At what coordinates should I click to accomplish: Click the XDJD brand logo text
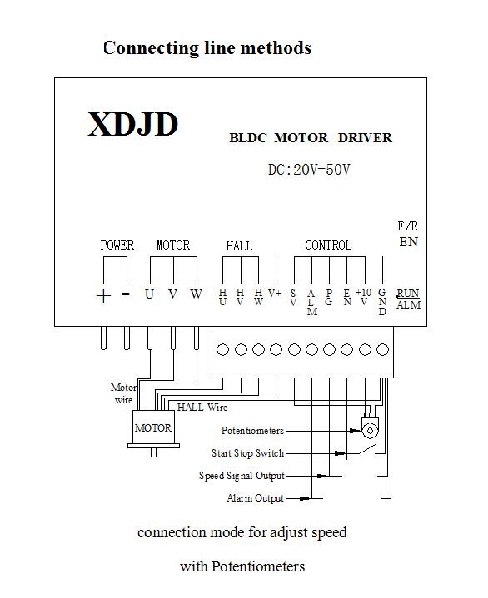[x=133, y=124]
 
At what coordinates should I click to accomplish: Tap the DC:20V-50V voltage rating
[x=309, y=170]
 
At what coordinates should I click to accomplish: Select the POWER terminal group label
[x=117, y=245]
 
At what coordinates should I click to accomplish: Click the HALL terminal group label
[x=239, y=246]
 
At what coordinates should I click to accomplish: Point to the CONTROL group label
[x=328, y=245]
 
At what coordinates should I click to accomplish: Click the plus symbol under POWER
[x=103, y=295]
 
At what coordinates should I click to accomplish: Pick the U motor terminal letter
[x=149, y=294]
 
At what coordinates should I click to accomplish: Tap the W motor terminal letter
[x=197, y=294]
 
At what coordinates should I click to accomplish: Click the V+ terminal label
[x=275, y=293]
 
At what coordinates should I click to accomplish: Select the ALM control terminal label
[x=312, y=302]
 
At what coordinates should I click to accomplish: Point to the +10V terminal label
[x=364, y=297]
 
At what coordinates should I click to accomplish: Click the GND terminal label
[x=382, y=302]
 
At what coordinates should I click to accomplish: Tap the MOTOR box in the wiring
[x=152, y=427]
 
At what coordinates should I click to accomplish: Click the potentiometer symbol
[x=370, y=427]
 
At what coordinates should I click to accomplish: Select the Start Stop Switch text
[x=248, y=453]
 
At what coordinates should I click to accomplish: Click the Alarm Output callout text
[x=255, y=498]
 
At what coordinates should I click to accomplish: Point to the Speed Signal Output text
[x=242, y=476]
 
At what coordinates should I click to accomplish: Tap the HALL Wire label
[x=202, y=408]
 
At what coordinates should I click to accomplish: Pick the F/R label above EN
[x=408, y=226]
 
